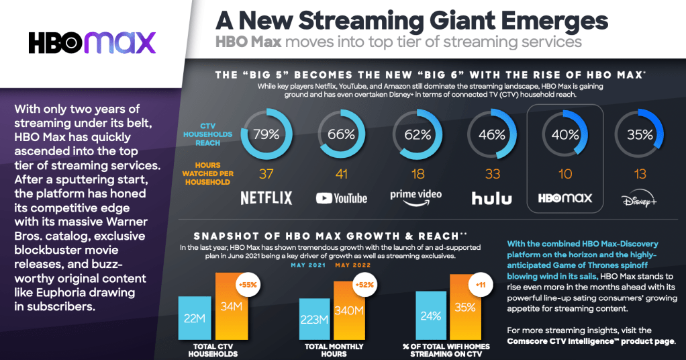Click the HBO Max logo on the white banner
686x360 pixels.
coord(92,42)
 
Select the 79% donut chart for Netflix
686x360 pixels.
coord(266,134)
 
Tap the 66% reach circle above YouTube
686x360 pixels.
coord(342,134)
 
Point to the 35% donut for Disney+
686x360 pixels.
coord(640,134)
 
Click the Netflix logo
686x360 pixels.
coord(266,197)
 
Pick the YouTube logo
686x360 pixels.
coord(342,197)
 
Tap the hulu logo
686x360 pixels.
coord(491,197)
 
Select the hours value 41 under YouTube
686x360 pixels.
coord(342,175)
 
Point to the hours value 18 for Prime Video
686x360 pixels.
coord(416,175)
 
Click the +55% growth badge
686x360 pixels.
coord(248,284)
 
